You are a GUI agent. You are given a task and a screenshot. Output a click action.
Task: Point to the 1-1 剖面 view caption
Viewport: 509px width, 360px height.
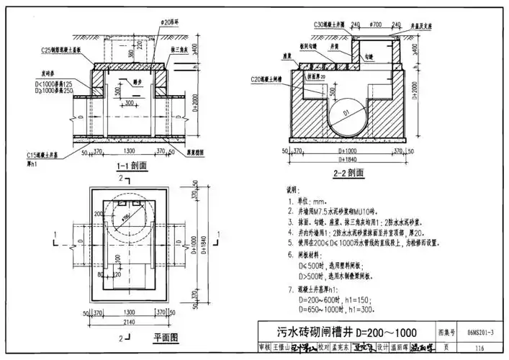pos(131,166)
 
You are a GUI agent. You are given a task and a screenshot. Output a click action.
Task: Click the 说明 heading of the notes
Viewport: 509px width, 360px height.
pos(292,191)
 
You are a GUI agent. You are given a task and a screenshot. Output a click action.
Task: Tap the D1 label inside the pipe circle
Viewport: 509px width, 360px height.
pos(346,113)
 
